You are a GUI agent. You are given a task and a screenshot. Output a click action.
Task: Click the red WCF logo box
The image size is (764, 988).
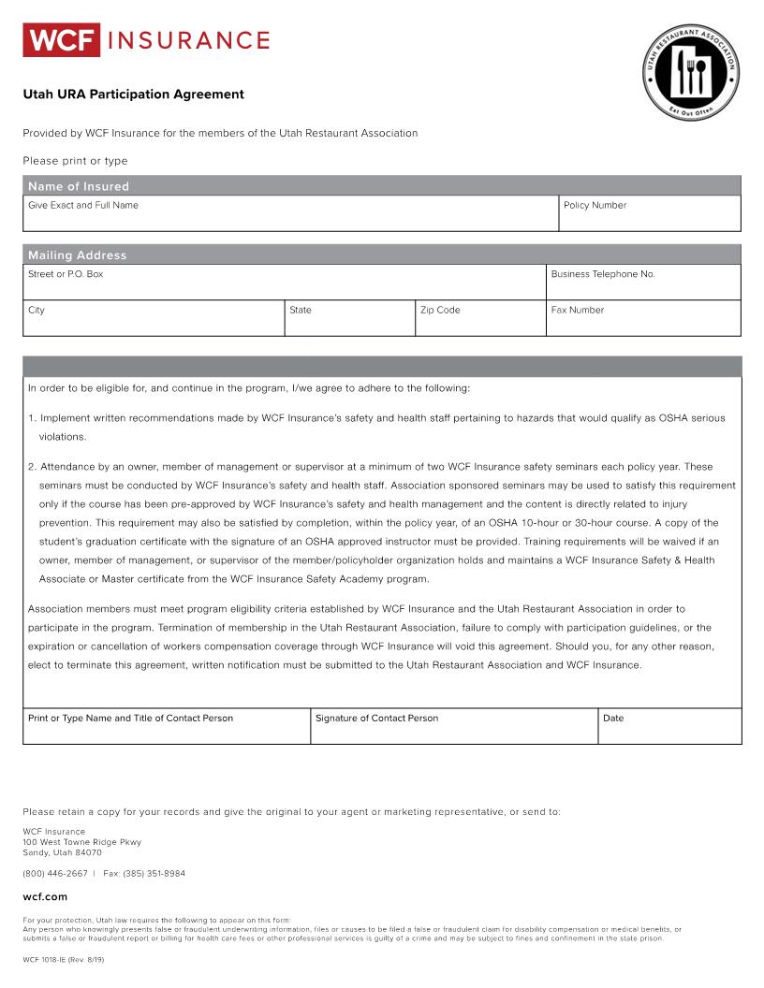click(x=61, y=40)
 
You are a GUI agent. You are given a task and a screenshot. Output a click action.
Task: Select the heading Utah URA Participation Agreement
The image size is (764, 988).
click(x=133, y=94)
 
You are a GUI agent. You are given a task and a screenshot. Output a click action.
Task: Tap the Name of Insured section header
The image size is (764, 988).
click(x=79, y=186)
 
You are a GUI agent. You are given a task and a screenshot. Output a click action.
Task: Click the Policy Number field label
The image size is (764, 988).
click(x=595, y=206)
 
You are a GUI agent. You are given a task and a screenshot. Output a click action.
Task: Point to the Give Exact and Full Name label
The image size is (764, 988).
click(x=83, y=206)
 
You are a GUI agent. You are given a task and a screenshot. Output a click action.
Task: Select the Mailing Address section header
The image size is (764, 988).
click(x=77, y=255)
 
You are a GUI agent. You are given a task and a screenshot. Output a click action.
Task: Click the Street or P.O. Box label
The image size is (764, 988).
click(x=66, y=274)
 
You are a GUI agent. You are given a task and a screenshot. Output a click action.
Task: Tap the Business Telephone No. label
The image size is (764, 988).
click(x=603, y=274)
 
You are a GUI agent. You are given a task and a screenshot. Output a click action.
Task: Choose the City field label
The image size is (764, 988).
click(x=37, y=311)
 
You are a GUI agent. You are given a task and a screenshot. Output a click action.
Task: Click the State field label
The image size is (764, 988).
click(x=301, y=311)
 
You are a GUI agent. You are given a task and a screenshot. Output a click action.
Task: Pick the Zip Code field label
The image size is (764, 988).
click(x=440, y=311)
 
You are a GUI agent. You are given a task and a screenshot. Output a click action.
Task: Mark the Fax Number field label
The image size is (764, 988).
click(x=578, y=311)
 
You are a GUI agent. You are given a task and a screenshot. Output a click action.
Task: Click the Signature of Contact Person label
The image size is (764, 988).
click(x=376, y=719)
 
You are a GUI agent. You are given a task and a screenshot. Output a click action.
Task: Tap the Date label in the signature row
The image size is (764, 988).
click(x=613, y=719)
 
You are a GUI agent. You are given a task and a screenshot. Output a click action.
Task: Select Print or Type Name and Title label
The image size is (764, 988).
click(x=130, y=719)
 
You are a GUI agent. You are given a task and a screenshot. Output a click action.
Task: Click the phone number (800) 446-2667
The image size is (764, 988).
click(x=55, y=874)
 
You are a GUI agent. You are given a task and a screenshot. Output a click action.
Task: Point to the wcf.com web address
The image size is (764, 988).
click(x=45, y=897)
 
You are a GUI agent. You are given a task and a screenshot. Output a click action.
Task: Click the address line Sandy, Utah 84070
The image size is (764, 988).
click(x=62, y=853)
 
